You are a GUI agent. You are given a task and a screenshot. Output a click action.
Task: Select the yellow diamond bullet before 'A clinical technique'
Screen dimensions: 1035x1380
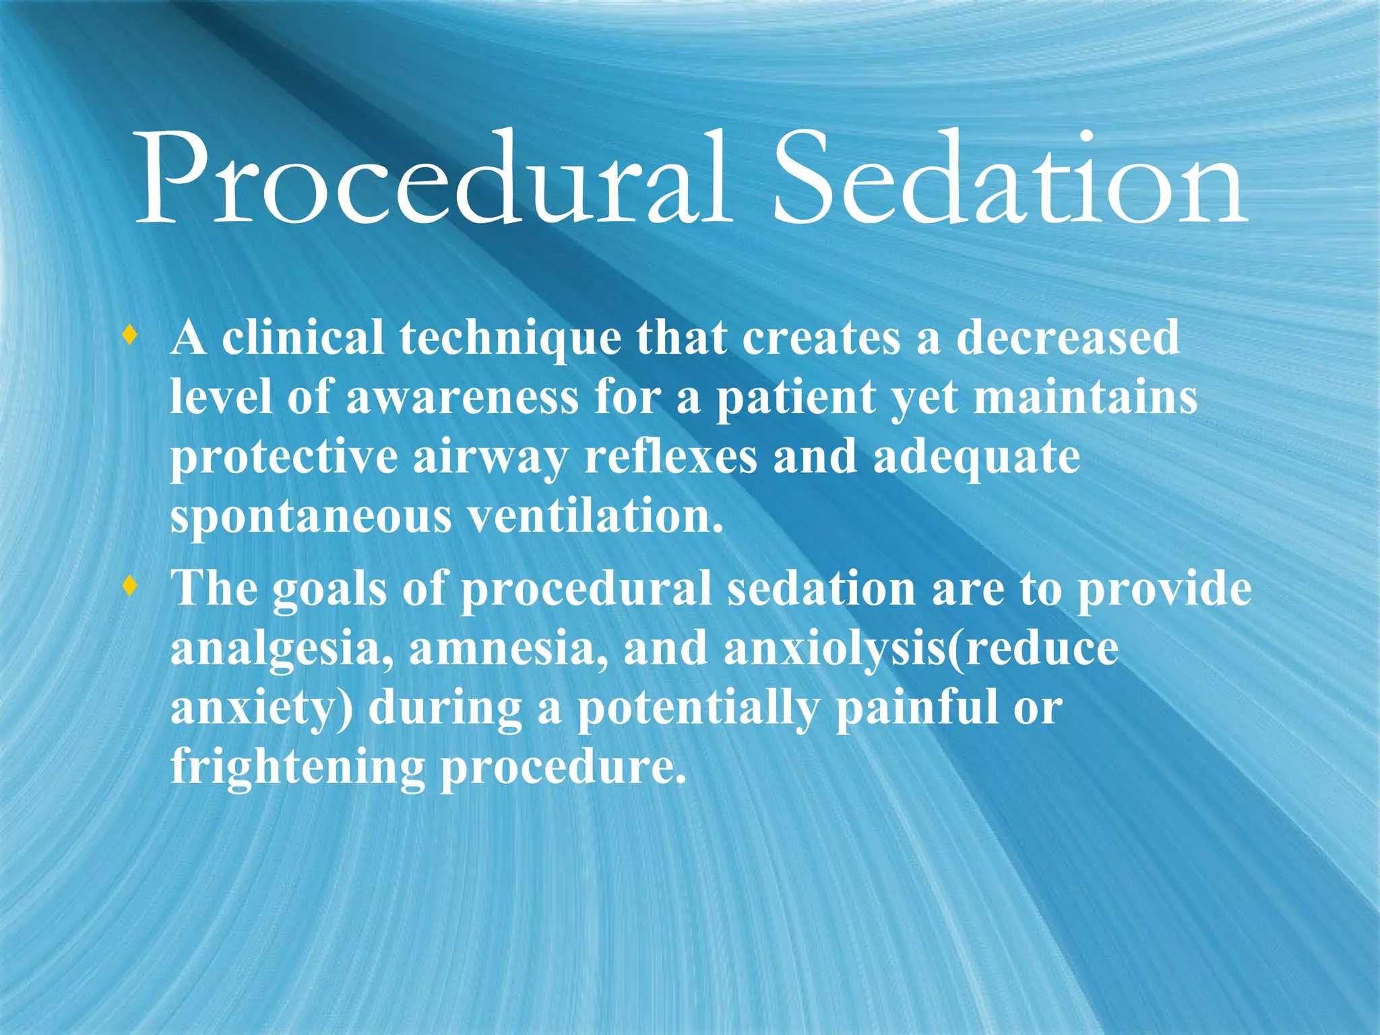pyautogui.click(x=130, y=335)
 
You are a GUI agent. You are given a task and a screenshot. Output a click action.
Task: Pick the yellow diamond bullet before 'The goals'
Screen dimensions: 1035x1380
pyautogui.click(x=130, y=586)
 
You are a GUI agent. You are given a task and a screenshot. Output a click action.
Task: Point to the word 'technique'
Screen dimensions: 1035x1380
pyautogui.click(x=510, y=338)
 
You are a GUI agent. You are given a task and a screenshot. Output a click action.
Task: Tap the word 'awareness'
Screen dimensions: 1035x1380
pyautogui.click(x=462, y=398)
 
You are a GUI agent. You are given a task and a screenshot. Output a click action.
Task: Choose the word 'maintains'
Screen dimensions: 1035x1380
pyautogui.click(x=1086, y=398)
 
